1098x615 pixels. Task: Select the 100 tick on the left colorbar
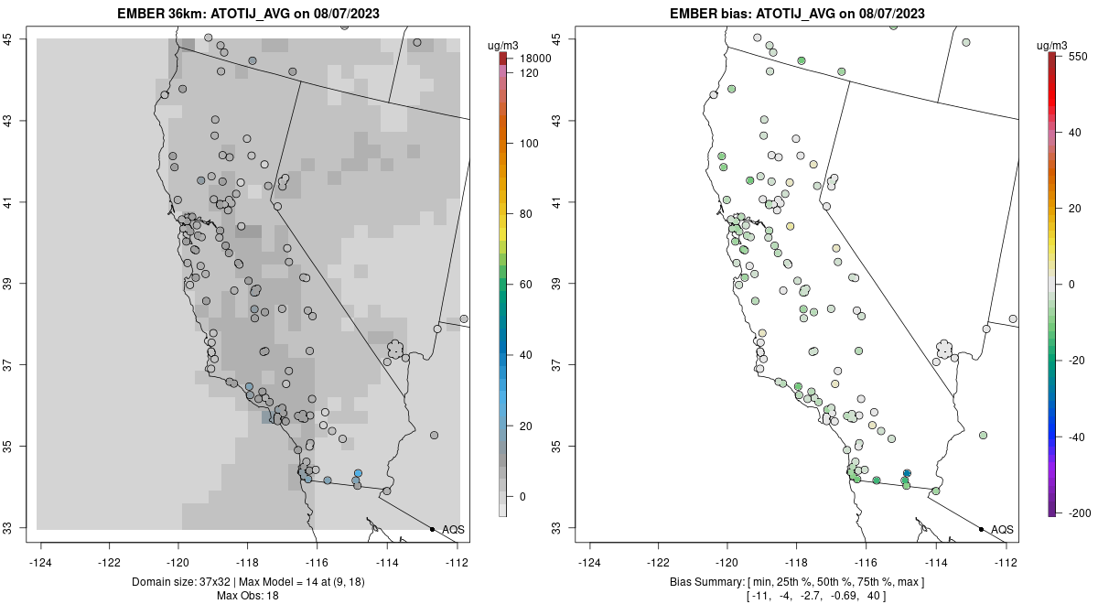(528, 144)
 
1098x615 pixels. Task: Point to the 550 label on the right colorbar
(1077, 56)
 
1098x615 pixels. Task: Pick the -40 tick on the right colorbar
(1077, 437)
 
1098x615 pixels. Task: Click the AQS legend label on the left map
(453, 530)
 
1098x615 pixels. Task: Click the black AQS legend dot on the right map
(981, 529)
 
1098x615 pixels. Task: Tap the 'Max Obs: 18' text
(248, 596)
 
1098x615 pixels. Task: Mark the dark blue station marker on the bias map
(907, 473)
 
